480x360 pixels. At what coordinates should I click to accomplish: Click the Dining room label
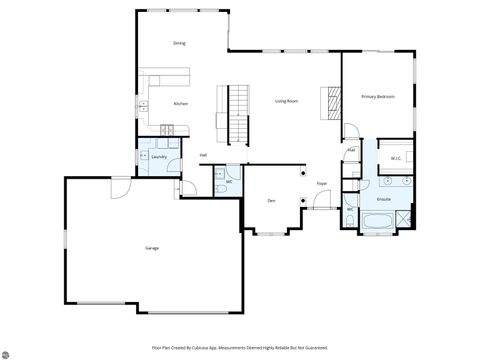pos(179,44)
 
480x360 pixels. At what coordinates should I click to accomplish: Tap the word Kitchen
pos(181,103)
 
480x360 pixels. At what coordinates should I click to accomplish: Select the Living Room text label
pos(287,101)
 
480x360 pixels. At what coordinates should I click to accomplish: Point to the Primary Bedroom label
pos(378,96)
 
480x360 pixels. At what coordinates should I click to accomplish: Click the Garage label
pos(152,247)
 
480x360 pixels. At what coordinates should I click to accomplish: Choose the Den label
pos(271,201)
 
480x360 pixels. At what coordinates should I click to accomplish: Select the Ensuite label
pos(383,199)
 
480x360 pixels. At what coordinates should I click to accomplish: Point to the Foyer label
pos(322,184)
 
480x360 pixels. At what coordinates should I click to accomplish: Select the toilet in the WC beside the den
pos(218,188)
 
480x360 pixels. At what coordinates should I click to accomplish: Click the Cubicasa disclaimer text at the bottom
pos(240,347)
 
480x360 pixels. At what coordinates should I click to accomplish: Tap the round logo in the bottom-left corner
pos(9,351)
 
